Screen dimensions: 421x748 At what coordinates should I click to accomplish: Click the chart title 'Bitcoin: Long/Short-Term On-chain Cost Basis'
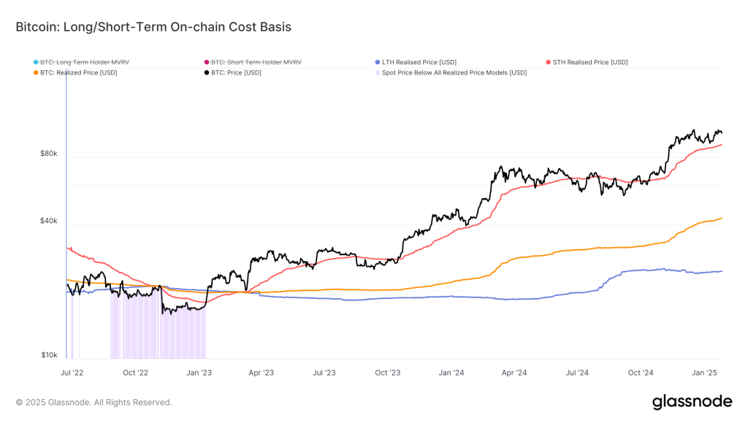click(x=153, y=27)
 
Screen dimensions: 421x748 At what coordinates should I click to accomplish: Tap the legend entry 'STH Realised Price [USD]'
click(x=590, y=62)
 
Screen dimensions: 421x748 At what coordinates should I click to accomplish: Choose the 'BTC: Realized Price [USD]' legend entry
click(x=78, y=72)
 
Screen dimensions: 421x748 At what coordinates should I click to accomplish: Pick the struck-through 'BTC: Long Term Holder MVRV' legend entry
click(x=85, y=62)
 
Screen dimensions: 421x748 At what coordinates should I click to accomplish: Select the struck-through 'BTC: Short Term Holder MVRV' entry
click(x=256, y=62)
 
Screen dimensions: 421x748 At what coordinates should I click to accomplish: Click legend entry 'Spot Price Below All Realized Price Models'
click(x=454, y=72)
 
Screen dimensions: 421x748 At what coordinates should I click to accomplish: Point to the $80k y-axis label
click(x=49, y=154)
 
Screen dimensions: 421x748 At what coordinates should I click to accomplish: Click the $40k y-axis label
click(x=49, y=221)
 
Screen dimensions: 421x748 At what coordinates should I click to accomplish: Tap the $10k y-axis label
click(x=49, y=355)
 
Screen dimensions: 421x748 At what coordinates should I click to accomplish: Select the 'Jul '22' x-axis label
click(x=72, y=372)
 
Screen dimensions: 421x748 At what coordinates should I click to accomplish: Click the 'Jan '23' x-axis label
click(x=199, y=372)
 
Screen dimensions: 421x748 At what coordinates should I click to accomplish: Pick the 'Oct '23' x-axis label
click(x=387, y=372)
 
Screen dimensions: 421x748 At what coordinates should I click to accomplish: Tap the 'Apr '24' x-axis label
click(x=514, y=372)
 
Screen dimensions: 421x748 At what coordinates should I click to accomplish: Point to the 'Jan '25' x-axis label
click(x=704, y=372)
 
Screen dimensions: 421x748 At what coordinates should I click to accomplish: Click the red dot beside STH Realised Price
click(x=548, y=62)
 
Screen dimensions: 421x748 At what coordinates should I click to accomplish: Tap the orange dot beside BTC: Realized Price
click(x=35, y=72)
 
